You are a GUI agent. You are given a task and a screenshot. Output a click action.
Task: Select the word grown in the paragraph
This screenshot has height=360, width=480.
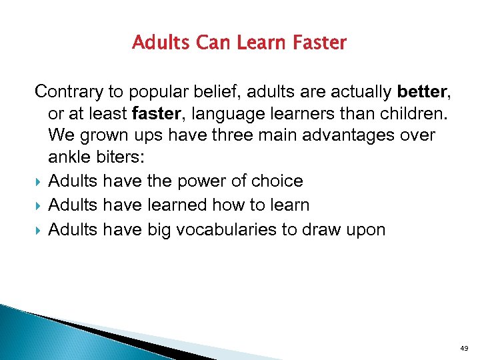coord(103,135)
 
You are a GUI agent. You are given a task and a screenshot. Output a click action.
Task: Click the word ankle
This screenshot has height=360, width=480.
coord(71,159)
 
